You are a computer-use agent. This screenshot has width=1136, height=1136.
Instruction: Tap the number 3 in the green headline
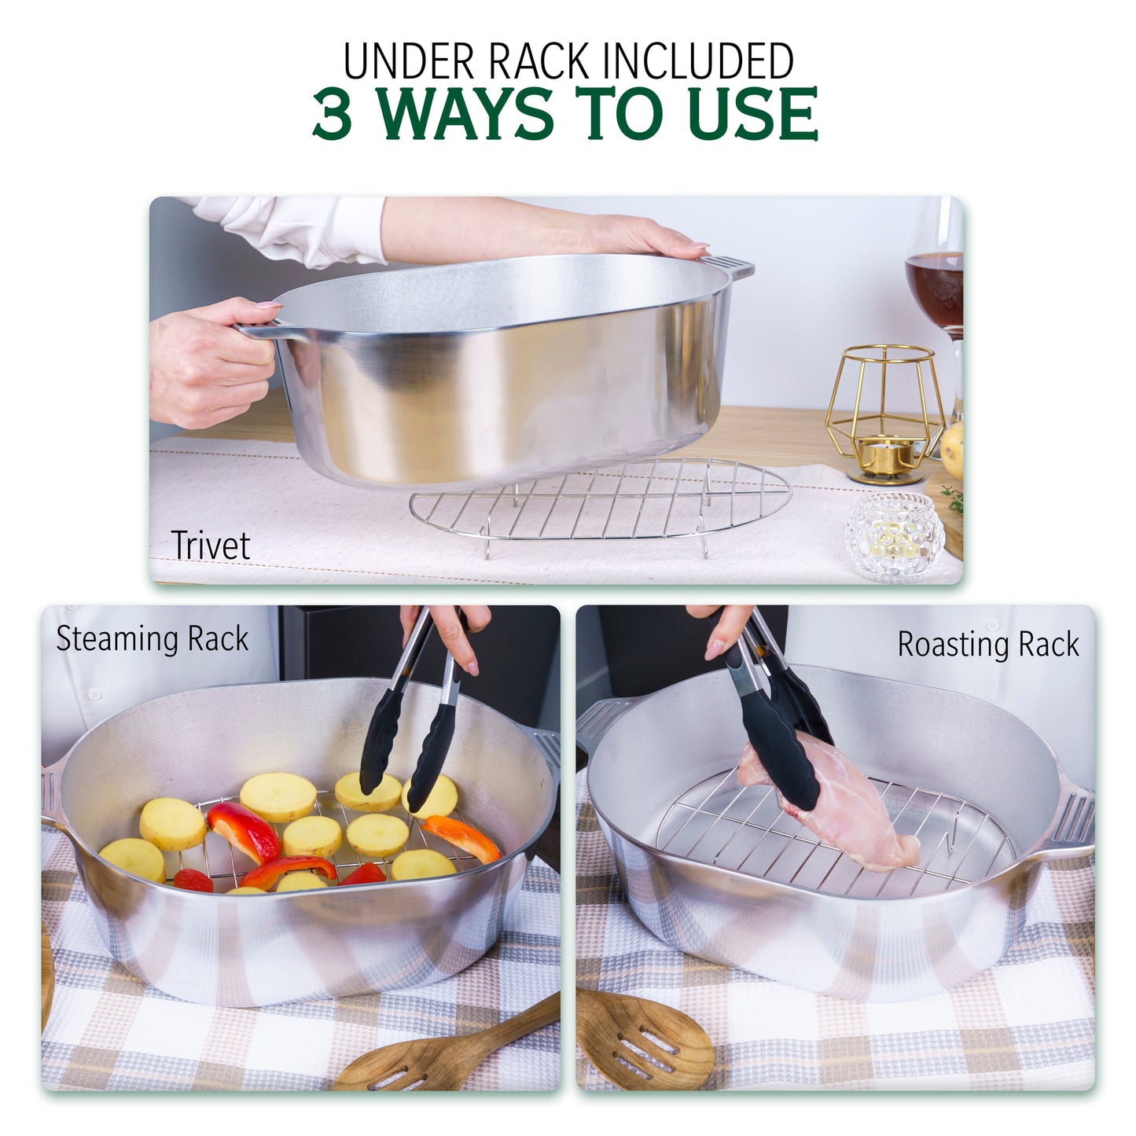[331, 115]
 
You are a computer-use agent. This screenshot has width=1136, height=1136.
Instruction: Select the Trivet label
[210, 546]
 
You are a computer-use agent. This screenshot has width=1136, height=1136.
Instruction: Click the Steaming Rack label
[153, 639]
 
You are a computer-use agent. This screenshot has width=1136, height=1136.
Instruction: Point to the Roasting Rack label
[988, 645]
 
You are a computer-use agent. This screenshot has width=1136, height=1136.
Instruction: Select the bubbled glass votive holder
[894, 537]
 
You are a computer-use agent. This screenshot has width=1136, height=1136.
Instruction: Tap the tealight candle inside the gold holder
[885, 452]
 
